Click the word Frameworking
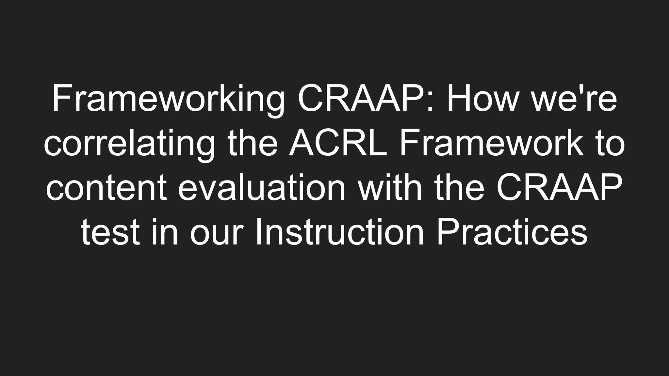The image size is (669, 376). pos(168,98)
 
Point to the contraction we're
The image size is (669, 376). pos(575,98)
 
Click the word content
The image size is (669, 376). pos(106,188)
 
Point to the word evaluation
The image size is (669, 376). pos(262,188)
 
